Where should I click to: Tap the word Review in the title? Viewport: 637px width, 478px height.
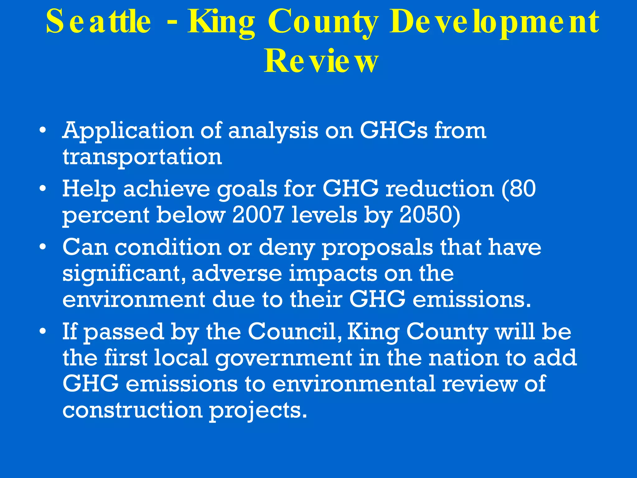pyautogui.click(x=321, y=62)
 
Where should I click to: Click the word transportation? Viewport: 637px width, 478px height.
pyautogui.click(x=142, y=157)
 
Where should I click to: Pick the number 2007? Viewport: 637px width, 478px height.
pyautogui.click(x=258, y=215)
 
